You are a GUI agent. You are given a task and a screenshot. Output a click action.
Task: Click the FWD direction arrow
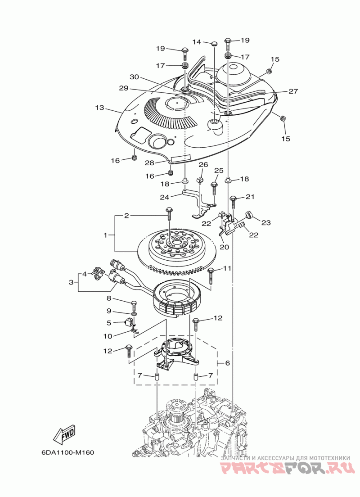point(64,433)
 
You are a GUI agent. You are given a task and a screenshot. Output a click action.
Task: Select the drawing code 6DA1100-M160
point(67,452)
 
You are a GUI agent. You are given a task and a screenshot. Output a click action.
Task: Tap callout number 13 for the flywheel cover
point(100,108)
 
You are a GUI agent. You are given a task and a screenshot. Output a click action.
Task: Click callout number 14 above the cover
point(197,42)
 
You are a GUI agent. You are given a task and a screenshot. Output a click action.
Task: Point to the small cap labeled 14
point(214,43)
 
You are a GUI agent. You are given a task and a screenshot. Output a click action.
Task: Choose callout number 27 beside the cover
point(293,91)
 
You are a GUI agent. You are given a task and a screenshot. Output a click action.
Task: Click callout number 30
point(135,77)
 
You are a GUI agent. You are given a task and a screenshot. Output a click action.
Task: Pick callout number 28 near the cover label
point(150,163)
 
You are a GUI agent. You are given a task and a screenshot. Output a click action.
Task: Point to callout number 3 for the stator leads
point(71,282)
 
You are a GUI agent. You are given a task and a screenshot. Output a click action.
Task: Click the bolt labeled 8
point(134,305)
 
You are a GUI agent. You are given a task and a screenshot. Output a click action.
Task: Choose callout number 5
point(109,323)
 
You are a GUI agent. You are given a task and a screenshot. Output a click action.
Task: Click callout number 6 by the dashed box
point(227,363)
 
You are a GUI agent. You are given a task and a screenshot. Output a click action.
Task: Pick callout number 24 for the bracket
point(165,197)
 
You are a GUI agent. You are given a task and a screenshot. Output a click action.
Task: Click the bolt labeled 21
point(233,201)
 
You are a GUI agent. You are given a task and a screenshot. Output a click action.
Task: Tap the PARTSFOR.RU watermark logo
point(287,469)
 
